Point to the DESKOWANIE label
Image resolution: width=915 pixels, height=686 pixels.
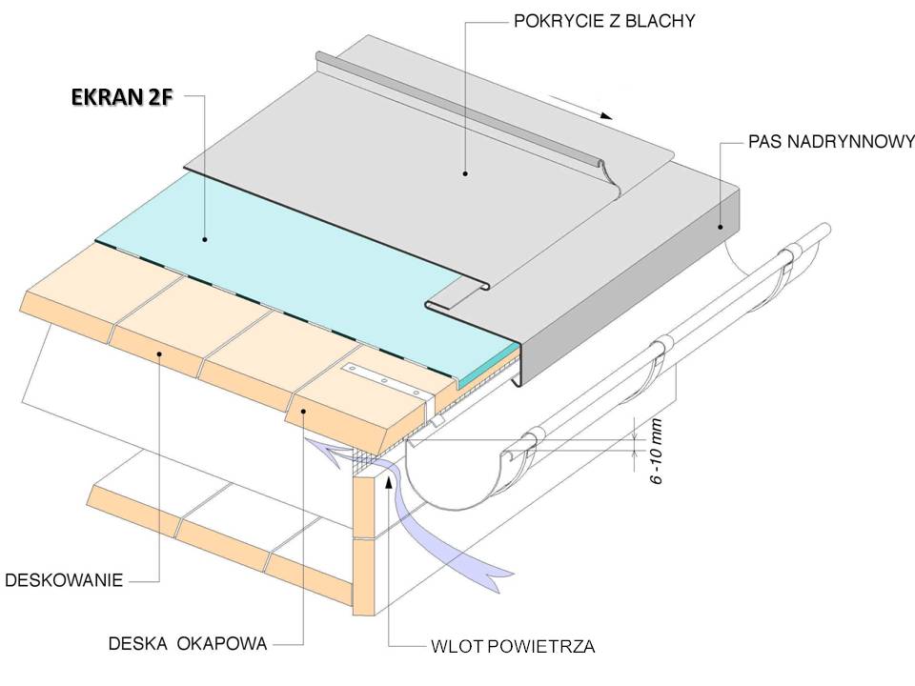click(65, 579)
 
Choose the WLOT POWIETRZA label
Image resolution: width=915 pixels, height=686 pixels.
click(512, 647)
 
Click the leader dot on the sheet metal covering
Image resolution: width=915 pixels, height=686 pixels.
click(465, 173)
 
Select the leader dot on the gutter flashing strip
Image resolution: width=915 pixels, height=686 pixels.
click(722, 227)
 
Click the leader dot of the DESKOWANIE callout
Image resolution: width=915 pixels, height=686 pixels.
click(159, 353)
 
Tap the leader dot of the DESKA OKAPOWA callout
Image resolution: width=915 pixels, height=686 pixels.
click(301, 411)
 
